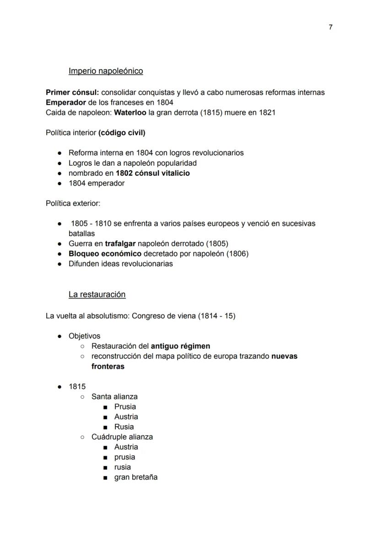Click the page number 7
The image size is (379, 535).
(x=330, y=27)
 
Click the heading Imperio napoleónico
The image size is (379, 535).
(x=106, y=71)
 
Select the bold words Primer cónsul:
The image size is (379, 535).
(x=72, y=92)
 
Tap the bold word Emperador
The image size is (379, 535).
(x=66, y=103)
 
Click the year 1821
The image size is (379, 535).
(x=266, y=113)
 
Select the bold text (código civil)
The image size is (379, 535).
(x=122, y=133)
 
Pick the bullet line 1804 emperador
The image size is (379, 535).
(x=97, y=183)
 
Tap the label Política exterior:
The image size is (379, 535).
(x=73, y=203)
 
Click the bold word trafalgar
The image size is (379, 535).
(x=120, y=243)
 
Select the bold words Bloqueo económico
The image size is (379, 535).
(x=105, y=254)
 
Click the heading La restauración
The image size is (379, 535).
(x=97, y=294)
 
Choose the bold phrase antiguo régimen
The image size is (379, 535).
(x=180, y=346)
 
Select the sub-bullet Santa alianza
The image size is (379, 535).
(x=114, y=396)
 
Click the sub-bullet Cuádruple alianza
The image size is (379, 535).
(x=122, y=437)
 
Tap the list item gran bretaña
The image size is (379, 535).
(x=136, y=477)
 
